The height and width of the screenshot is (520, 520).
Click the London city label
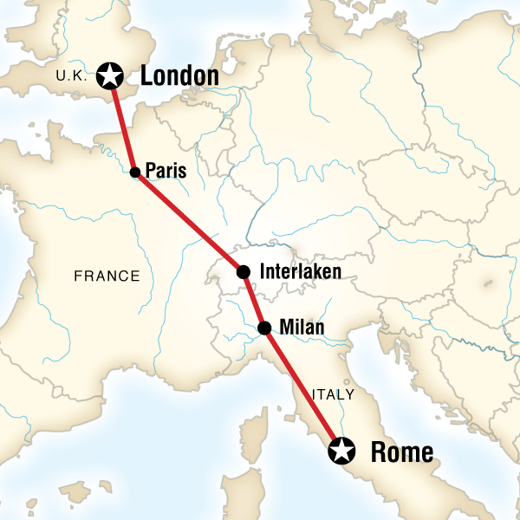point(179,76)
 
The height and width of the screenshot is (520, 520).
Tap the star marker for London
point(110,76)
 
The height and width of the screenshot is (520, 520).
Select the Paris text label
point(166,172)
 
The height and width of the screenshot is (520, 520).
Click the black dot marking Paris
point(135,172)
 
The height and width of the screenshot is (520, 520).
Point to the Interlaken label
point(301,272)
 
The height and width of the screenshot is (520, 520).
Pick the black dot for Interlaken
point(244,272)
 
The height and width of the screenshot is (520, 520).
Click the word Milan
point(302,328)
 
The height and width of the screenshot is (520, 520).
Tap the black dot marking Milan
point(264,328)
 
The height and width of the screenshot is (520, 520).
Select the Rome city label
point(401,452)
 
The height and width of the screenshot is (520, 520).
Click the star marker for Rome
point(343,451)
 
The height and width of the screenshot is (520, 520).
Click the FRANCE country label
point(107,276)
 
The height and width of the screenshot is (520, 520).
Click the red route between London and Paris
point(122,124)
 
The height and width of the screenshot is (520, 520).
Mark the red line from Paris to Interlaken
point(189,222)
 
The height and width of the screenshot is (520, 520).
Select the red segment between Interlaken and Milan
point(254,301)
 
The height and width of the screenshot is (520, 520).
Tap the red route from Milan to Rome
point(303,389)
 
